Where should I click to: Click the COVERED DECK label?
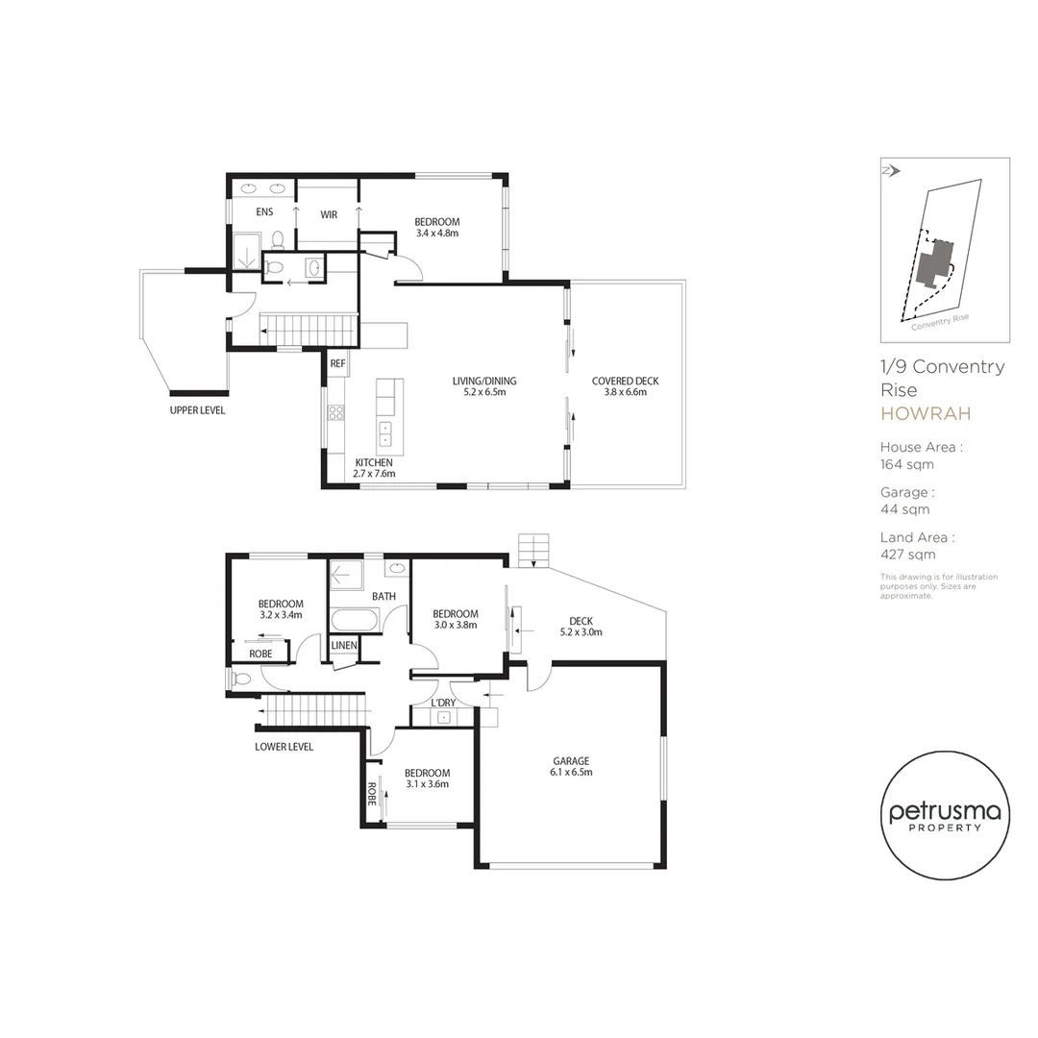626,386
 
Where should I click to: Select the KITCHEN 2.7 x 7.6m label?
375,468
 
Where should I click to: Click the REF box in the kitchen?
337,364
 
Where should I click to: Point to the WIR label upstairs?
328,215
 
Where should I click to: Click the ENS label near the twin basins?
265,212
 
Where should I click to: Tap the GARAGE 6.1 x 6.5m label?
570,766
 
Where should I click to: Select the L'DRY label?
443,704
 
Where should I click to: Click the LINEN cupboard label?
344,645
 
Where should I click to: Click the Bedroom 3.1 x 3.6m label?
427,778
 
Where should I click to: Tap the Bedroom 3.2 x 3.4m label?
281,609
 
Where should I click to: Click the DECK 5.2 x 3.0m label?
581,626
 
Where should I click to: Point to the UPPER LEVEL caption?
197,410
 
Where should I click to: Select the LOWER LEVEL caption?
284,747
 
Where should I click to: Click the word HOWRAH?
926,414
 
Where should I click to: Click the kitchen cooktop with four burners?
336,413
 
